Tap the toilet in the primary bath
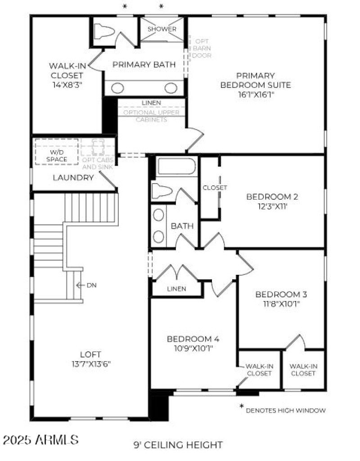click(104, 31)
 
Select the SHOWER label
click(162, 29)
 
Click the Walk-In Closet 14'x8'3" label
click(67, 74)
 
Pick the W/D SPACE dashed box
click(57, 152)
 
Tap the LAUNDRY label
click(73, 178)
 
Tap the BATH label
click(182, 226)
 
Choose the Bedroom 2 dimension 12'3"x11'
click(272, 206)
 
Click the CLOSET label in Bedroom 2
click(215, 188)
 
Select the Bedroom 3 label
click(281, 295)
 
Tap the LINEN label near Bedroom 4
click(176, 289)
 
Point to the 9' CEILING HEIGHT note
click(178, 445)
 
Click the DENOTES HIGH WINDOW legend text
click(286, 410)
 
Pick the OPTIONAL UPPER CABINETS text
click(151, 116)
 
